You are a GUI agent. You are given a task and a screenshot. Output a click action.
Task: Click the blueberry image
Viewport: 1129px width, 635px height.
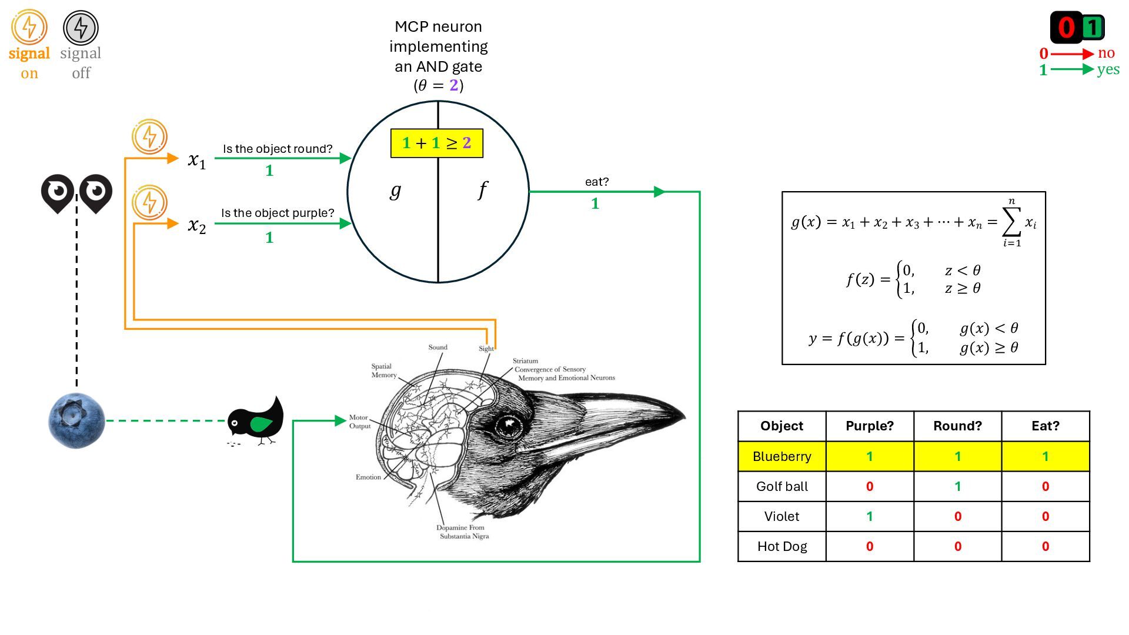[76, 421]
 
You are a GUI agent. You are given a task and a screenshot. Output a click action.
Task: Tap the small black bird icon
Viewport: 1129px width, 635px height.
[256, 421]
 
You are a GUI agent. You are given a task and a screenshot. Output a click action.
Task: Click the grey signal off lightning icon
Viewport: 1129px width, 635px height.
[81, 28]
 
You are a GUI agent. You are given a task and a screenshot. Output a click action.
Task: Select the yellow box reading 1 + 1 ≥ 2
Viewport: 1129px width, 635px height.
[436, 143]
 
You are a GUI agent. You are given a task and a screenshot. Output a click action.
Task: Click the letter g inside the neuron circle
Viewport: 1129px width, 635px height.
[396, 190]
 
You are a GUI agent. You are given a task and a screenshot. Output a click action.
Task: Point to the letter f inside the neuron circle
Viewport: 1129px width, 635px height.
[483, 190]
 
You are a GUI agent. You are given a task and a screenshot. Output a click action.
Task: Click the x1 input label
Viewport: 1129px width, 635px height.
[196, 160]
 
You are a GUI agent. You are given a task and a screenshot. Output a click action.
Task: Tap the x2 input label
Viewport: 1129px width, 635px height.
[196, 225]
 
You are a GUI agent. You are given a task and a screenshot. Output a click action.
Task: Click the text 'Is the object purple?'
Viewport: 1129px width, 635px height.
[278, 213]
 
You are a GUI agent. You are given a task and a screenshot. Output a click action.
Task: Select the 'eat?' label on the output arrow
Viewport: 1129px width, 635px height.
[596, 182]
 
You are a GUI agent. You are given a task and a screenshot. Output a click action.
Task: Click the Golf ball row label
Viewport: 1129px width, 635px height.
[781, 486]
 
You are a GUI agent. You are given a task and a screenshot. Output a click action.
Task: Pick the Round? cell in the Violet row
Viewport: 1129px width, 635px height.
[957, 516]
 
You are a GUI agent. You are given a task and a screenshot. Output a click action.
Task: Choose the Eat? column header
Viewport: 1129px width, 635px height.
[1045, 426]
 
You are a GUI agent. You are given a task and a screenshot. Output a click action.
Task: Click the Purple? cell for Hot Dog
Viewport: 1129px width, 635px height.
[869, 546]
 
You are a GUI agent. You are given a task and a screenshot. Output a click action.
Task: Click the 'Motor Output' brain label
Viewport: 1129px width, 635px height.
[359, 422]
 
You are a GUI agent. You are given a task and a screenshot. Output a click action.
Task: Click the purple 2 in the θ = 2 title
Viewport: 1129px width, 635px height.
[453, 85]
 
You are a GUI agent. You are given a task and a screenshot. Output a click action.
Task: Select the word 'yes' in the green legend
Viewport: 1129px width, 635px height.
[1108, 69]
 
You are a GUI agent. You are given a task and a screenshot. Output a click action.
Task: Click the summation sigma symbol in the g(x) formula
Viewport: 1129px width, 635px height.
[1011, 222]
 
